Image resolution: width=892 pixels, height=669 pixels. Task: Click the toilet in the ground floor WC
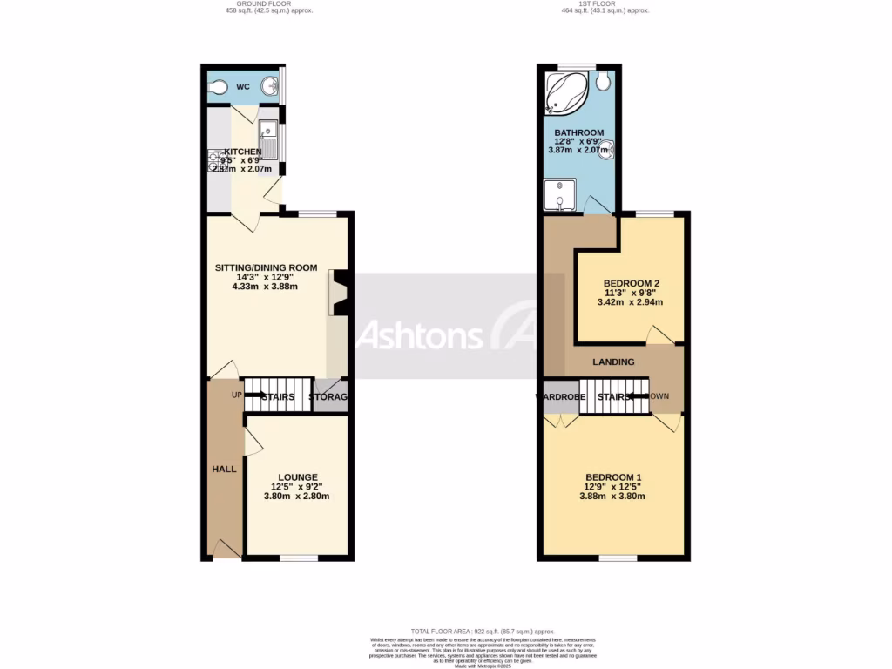click(x=219, y=87)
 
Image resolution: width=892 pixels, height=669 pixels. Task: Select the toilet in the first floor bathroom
click(x=605, y=82)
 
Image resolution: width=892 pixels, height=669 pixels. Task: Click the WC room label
click(x=243, y=87)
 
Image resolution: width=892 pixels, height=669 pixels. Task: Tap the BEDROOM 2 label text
click(x=632, y=283)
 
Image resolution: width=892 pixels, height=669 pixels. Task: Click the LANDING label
click(x=613, y=362)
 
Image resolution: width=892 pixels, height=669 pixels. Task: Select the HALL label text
click(x=224, y=470)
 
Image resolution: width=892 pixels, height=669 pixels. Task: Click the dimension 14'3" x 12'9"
click(x=266, y=277)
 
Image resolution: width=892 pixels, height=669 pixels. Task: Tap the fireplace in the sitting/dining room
click(x=340, y=293)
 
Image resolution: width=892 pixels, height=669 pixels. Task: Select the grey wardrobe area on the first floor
click(x=560, y=397)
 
